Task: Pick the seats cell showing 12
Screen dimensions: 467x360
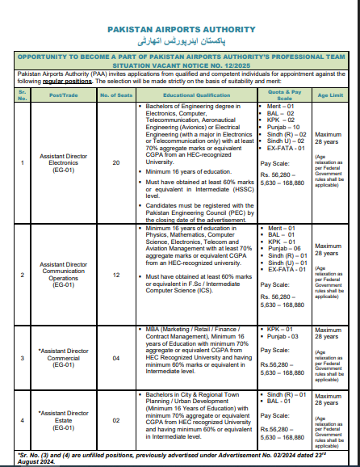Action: coord(115,275)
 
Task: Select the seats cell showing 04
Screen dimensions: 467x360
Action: coord(115,357)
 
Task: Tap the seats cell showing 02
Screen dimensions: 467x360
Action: coord(115,420)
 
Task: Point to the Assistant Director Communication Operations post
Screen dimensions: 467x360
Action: coord(63,275)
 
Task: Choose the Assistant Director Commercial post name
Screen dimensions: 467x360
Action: coord(65,357)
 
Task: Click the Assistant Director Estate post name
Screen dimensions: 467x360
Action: coord(65,420)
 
